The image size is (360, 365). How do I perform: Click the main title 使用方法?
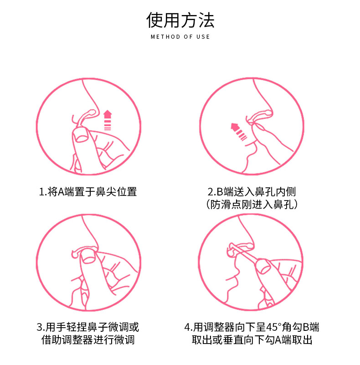(x=180, y=20)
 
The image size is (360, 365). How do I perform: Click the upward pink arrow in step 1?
(x=108, y=120)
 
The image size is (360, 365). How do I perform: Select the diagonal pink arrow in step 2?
(x=238, y=132)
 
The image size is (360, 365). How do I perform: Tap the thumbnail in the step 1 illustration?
(x=82, y=137)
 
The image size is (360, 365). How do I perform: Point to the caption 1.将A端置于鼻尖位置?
(x=88, y=192)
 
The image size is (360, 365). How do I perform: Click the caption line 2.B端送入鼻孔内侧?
(x=252, y=192)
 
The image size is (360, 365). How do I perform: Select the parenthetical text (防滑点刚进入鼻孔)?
(x=252, y=205)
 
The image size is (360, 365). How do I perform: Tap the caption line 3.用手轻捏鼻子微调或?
(x=88, y=327)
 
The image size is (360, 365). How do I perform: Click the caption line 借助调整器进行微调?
(x=88, y=340)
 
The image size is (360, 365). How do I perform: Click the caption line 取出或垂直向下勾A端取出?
(x=252, y=340)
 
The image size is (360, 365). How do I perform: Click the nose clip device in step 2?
(x=259, y=117)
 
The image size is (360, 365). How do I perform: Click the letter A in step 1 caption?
(x=61, y=192)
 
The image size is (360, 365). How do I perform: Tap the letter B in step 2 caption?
(x=220, y=192)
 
